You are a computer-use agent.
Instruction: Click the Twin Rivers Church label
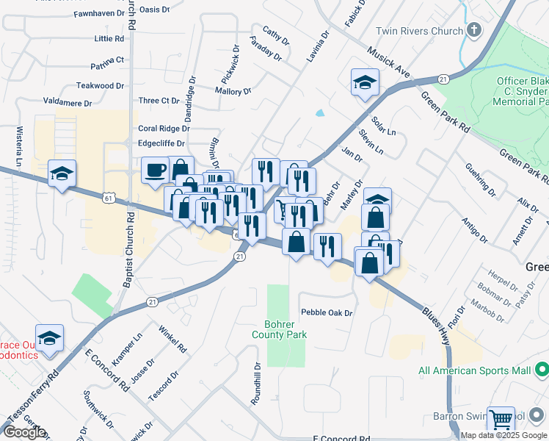(419, 31)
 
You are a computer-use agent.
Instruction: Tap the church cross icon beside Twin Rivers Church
(474, 31)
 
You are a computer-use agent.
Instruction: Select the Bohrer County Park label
(286, 329)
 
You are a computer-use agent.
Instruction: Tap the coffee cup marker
(155, 171)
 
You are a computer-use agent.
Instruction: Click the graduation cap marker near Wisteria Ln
(62, 173)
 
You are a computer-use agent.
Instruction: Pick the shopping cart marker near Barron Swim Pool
(501, 420)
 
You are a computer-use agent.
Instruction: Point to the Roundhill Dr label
(256, 384)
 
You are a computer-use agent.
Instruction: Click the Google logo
(24, 431)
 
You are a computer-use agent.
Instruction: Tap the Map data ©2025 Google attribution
(504, 435)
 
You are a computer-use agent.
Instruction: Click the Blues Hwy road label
(437, 321)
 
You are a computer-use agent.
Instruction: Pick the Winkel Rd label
(171, 337)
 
